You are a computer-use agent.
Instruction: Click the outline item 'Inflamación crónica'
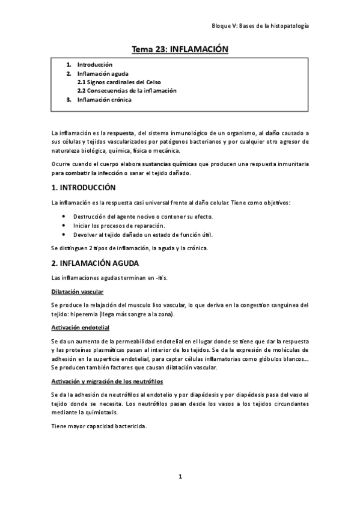pyautogui.click(x=104, y=100)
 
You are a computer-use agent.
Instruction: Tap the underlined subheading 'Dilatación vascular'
pyautogui.click(x=78, y=292)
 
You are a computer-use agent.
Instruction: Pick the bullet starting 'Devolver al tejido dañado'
pyautogui.click(x=143, y=235)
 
